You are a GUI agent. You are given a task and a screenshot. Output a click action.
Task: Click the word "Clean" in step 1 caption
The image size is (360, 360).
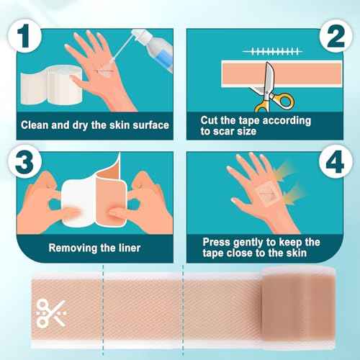[x=36, y=125]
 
